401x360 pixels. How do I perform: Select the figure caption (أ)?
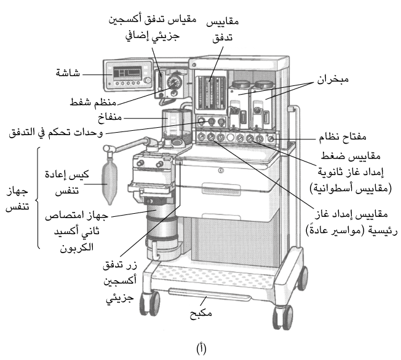pyautogui.click(x=200, y=349)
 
